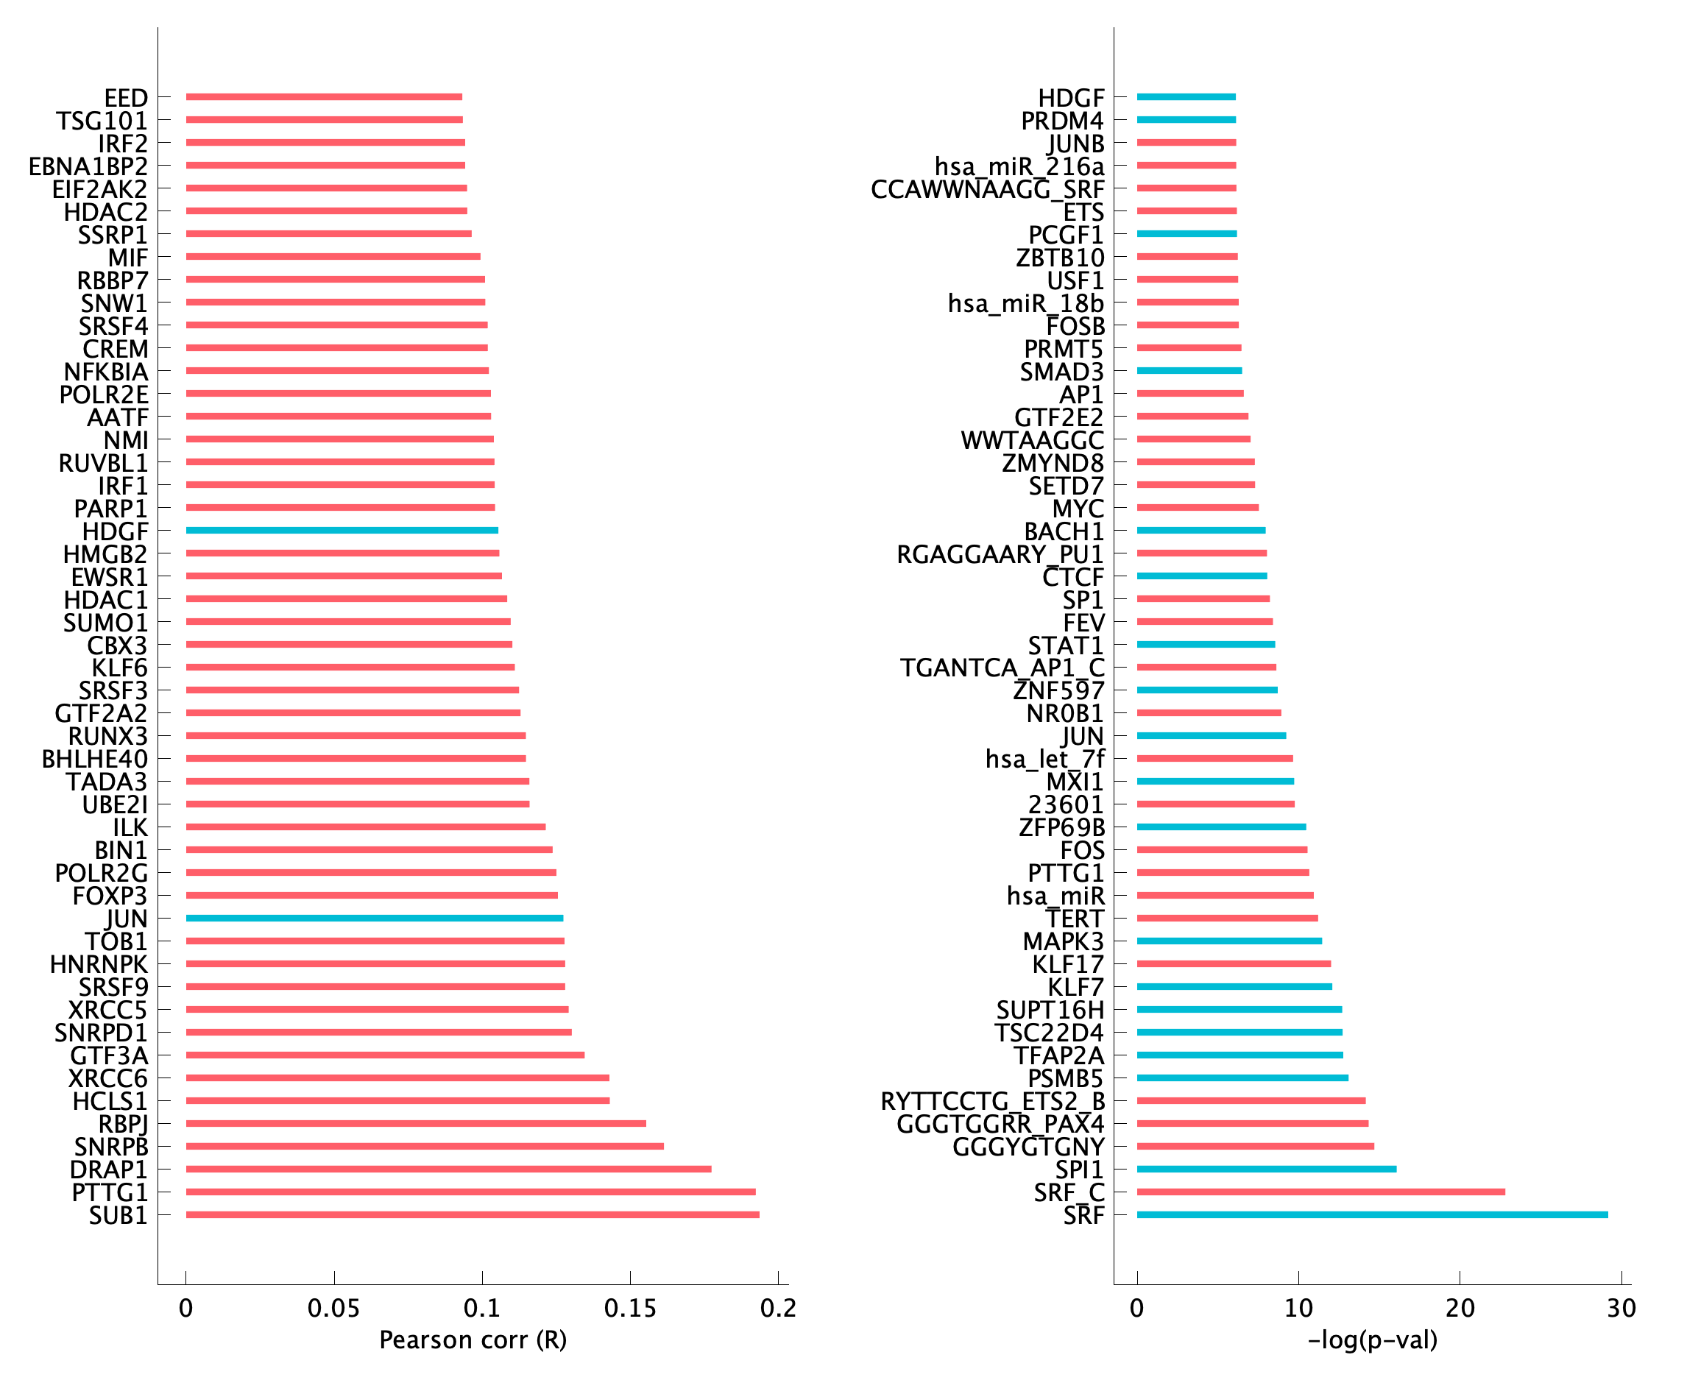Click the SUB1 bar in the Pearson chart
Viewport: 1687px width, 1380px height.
[x=473, y=1214]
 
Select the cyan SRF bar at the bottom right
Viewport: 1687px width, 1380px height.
[x=1371, y=1214]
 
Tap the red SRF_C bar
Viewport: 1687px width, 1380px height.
[x=1320, y=1192]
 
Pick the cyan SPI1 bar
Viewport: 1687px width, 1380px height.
[x=1266, y=1169]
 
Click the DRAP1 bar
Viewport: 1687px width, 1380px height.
[x=448, y=1169]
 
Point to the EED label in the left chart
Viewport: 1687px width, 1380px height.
[x=126, y=99]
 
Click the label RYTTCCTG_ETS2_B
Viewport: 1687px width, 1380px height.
[x=992, y=1102]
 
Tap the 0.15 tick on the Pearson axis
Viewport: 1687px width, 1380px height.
[x=629, y=1308]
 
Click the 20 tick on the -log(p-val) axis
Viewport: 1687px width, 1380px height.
[x=1459, y=1308]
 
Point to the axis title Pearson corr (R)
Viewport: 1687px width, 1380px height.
[x=473, y=1340]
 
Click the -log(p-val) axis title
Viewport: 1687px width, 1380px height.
[x=1372, y=1340]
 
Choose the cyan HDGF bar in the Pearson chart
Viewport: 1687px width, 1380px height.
[x=342, y=530]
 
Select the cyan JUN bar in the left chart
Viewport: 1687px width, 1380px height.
[x=375, y=918]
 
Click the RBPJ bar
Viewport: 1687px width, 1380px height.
[x=416, y=1123]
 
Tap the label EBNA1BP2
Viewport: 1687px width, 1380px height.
[x=88, y=167]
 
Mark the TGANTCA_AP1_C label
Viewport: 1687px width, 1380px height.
[x=1002, y=668]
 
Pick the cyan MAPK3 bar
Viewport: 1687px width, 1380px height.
[x=1229, y=941]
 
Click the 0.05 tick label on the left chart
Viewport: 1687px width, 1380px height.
[x=333, y=1308]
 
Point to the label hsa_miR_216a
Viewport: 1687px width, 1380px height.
[x=1019, y=167]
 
